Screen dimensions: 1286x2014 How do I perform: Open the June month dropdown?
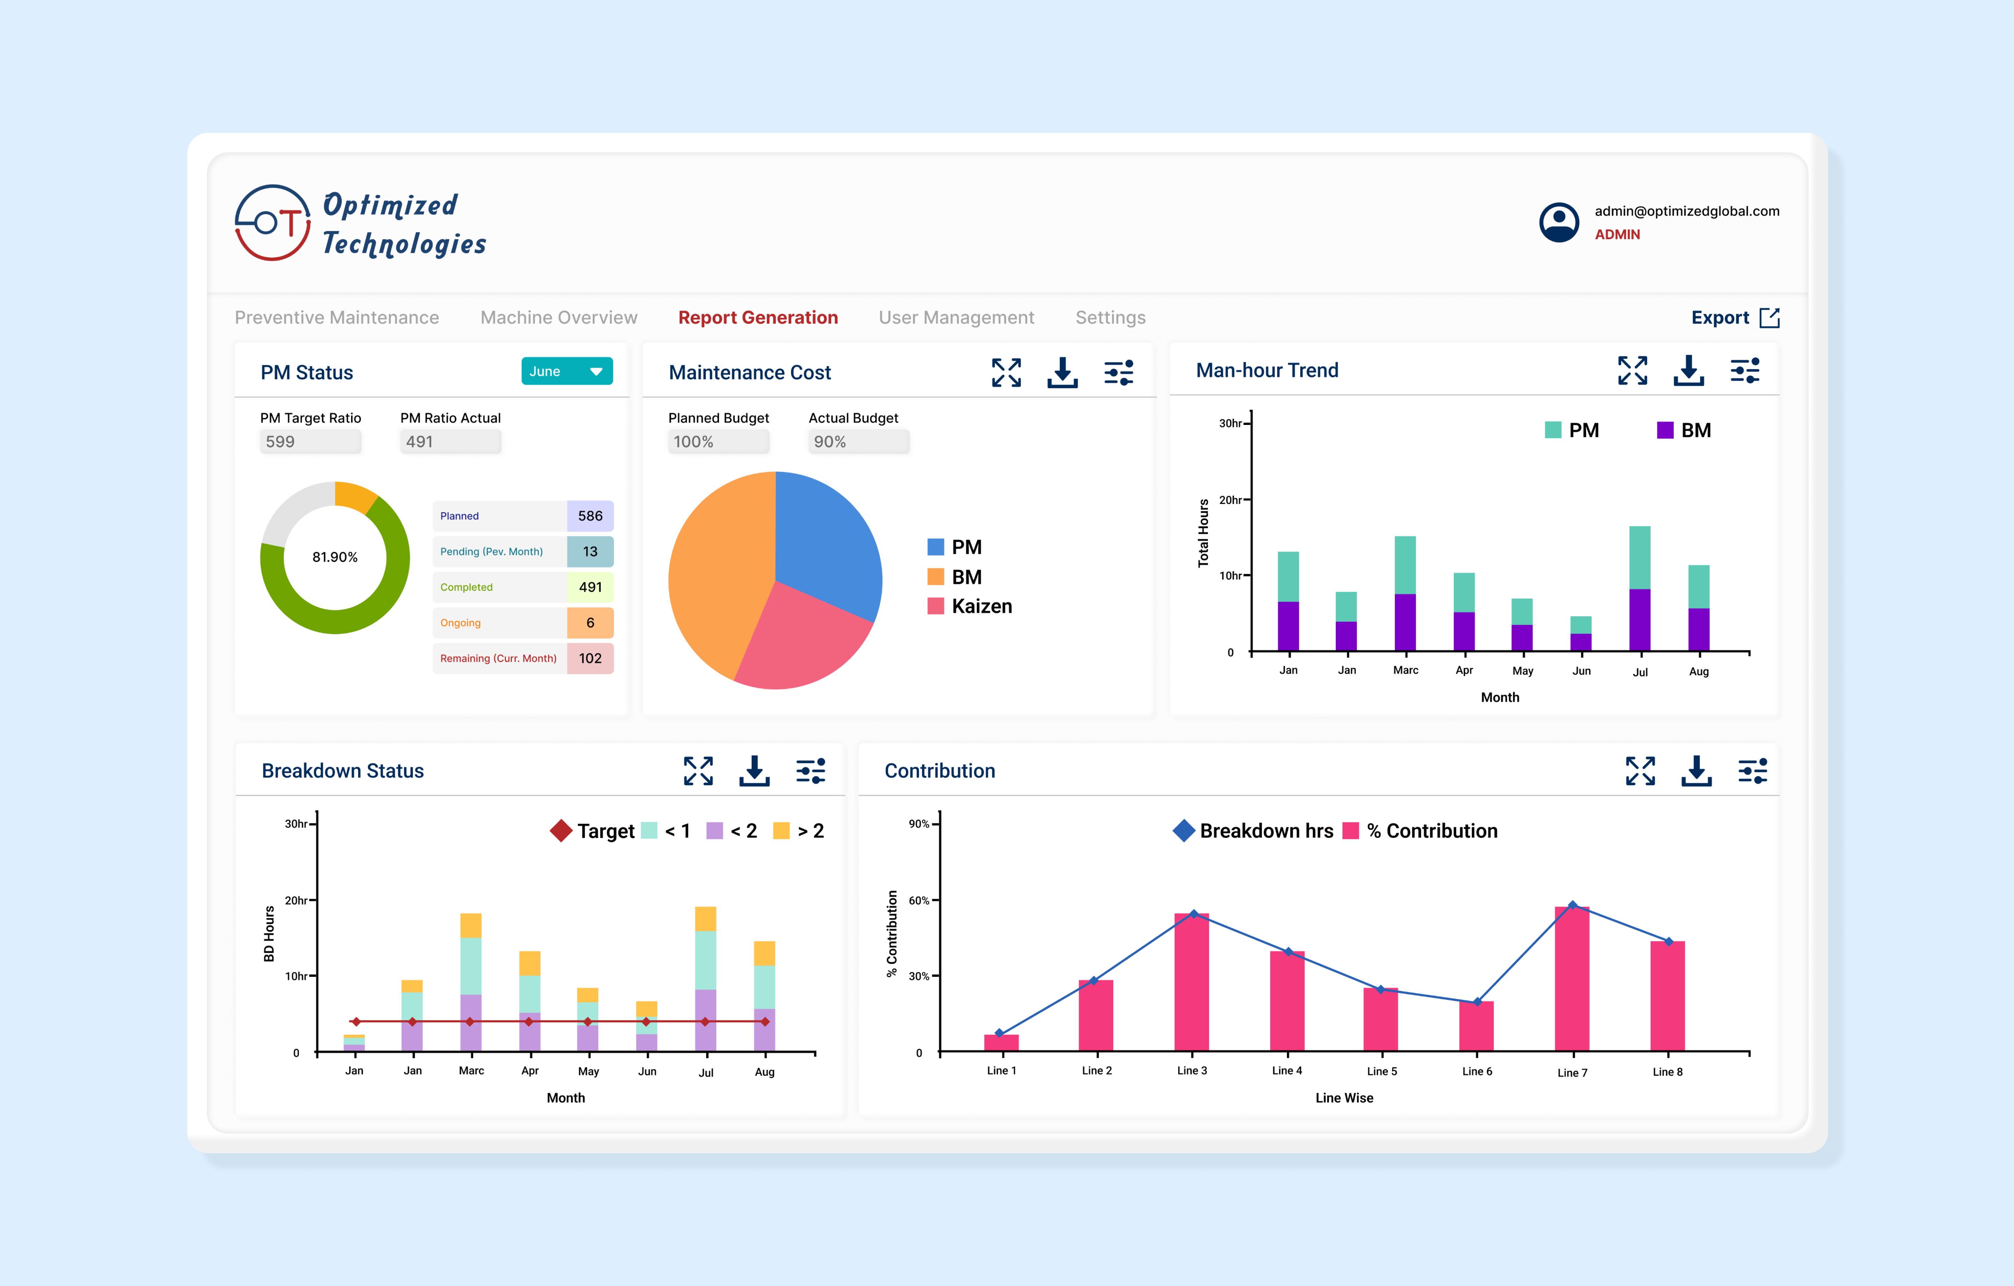566,371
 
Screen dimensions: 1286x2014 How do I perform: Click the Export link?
1734,318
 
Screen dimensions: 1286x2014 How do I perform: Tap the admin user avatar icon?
1558,223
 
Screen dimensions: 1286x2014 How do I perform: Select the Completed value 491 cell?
590,587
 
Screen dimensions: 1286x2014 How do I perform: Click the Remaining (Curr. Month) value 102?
590,658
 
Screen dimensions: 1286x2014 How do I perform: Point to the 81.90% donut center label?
334,557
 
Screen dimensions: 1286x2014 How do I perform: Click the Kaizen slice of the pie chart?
799,640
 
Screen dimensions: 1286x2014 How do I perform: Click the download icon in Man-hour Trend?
1688,371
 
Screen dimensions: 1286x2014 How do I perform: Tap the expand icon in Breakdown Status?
697,771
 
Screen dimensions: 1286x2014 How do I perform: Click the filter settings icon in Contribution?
1752,771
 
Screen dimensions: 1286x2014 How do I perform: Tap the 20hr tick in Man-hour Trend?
1231,500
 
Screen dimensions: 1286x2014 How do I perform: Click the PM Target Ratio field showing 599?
310,442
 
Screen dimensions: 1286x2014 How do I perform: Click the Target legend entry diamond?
560,831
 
